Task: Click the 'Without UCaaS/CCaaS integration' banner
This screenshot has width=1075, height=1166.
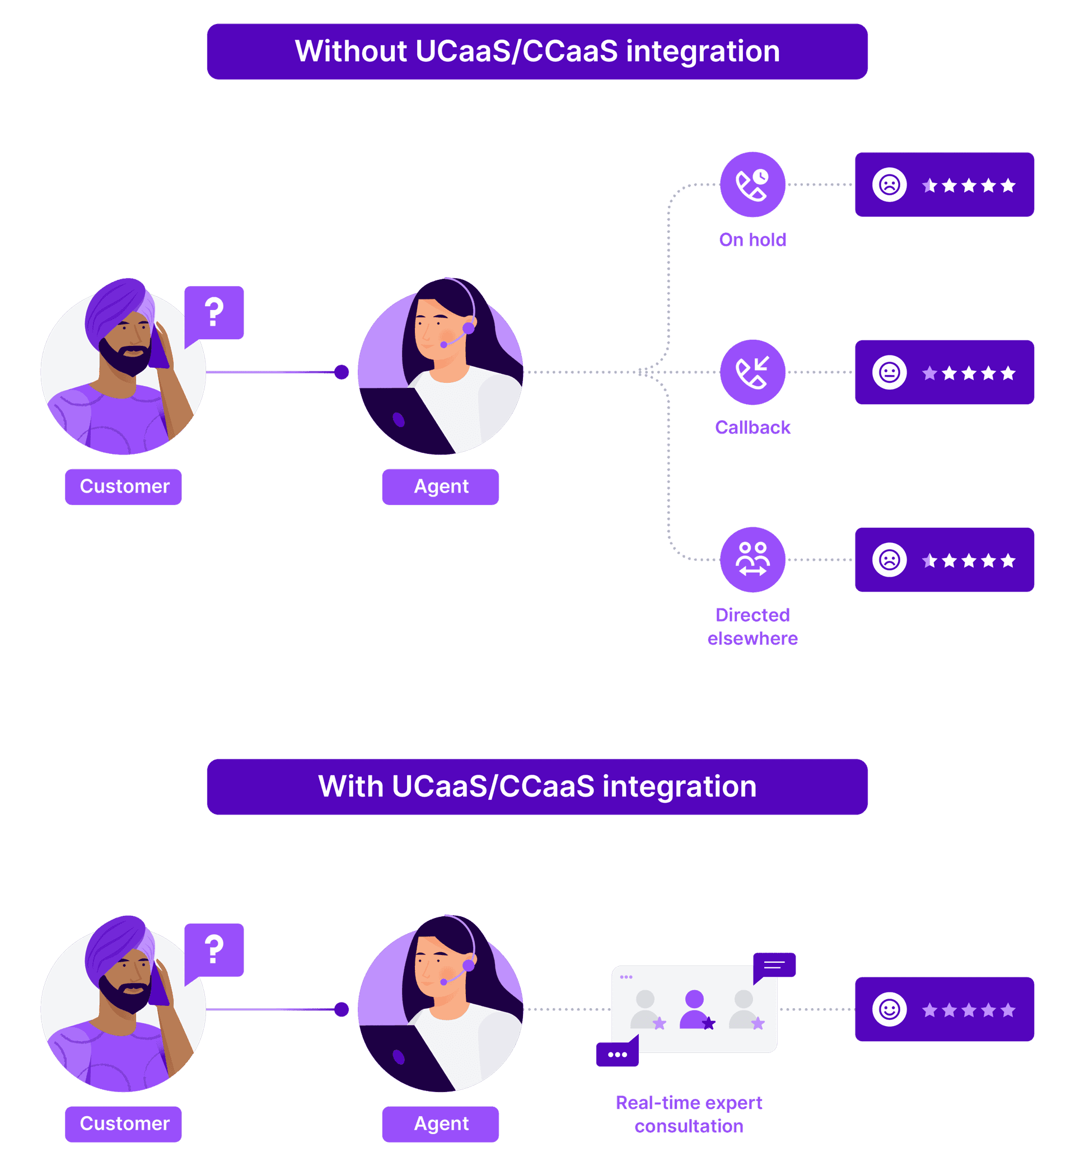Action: [537, 51]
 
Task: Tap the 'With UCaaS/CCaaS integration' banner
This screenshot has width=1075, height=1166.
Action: [537, 786]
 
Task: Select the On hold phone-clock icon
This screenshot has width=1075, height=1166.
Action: [752, 184]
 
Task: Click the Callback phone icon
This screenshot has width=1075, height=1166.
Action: [752, 372]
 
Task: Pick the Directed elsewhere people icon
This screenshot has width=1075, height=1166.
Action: [752, 559]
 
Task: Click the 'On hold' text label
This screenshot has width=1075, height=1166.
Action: [752, 240]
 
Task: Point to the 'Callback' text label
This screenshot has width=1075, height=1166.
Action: [752, 428]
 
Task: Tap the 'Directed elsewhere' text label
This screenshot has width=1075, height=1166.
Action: [752, 626]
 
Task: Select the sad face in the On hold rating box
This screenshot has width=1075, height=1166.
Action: [889, 185]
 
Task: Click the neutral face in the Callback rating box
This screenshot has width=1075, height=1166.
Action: [889, 372]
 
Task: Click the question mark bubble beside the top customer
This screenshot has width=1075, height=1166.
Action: [214, 312]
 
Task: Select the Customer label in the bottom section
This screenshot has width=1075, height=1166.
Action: [123, 1123]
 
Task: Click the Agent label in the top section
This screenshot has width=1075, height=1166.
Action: [440, 487]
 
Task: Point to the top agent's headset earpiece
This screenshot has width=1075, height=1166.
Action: [468, 329]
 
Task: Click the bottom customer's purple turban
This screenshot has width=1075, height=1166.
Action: [116, 945]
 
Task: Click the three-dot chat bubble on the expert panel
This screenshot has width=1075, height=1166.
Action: [617, 1055]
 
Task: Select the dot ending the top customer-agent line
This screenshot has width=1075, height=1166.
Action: [342, 372]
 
